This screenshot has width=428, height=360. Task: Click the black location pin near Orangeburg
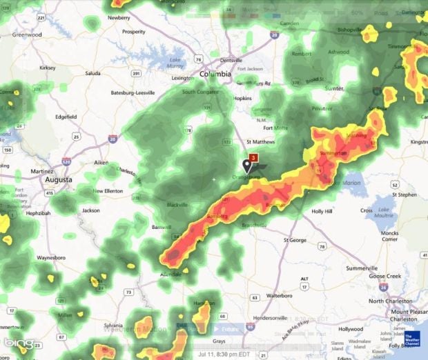click(x=248, y=166)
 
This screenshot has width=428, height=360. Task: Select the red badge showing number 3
click(x=253, y=158)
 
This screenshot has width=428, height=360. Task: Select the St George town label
click(x=300, y=240)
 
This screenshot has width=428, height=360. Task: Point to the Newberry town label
click(x=119, y=17)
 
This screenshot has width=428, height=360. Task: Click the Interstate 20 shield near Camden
click(x=275, y=34)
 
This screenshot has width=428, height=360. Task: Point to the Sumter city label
click(x=334, y=88)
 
